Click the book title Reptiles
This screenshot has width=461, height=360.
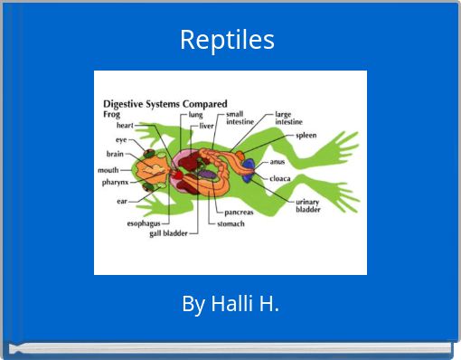(227, 40)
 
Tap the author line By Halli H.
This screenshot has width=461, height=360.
(230, 304)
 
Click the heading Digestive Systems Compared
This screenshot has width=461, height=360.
(165, 103)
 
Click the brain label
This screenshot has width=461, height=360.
(115, 154)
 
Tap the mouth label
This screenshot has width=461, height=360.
(108, 169)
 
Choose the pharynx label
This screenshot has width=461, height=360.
(114, 182)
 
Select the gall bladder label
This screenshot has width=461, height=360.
(168, 232)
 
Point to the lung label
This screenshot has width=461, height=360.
(195, 115)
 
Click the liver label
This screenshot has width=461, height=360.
(206, 127)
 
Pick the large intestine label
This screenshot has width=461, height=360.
(289, 118)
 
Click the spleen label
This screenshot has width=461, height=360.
(306, 135)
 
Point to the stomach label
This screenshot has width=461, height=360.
(230, 223)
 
